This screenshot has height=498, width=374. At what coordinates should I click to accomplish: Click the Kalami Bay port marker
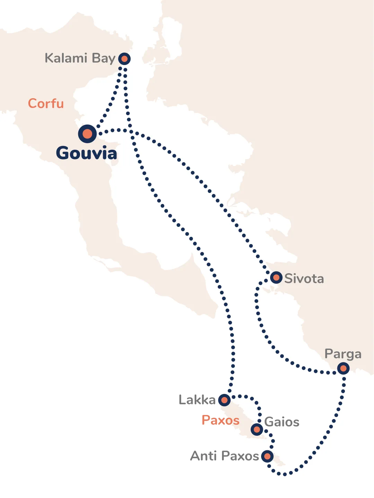tap(124, 59)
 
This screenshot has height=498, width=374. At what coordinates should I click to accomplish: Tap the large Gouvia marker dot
tap(87, 134)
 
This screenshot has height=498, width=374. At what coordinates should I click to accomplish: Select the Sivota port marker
tap(276, 277)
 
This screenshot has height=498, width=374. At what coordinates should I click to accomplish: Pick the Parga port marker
tap(343, 368)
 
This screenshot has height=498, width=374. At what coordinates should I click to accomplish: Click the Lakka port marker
tap(224, 400)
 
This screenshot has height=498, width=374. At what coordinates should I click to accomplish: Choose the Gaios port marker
tap(257, 430)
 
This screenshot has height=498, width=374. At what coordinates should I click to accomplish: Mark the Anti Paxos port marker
tap(267, 456)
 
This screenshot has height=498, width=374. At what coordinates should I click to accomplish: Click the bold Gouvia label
tap(87, 153)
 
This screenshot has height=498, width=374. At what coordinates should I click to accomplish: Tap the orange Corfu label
tap(46, 103)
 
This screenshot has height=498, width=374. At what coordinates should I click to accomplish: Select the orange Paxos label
tap(221, 420)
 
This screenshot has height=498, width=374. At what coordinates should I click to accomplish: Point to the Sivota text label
tap(304, 278)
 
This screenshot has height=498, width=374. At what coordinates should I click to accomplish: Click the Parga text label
tap(343, 354)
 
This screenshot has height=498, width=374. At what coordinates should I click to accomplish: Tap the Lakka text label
tap(197, 400)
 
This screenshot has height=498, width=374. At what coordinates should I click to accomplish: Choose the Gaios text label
tap(282, 422)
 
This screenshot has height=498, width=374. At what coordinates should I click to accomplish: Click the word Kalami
tap(66, 58)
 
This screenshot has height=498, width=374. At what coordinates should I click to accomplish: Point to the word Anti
tap(204, 456)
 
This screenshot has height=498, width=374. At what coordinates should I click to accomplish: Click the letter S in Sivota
tap(288, 278)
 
